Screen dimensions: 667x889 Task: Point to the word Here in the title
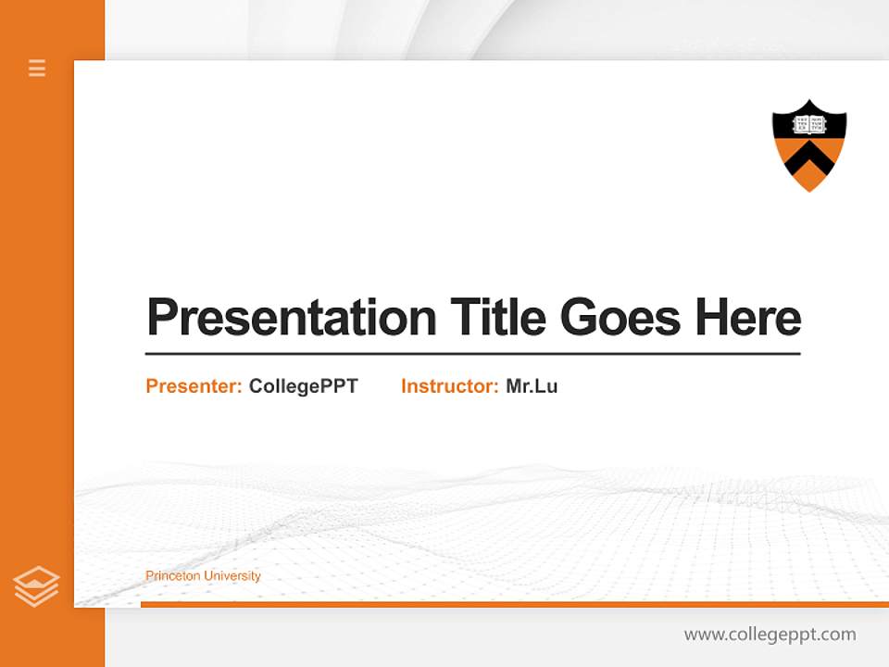(748, 317)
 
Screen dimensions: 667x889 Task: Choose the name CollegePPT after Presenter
(303, 386)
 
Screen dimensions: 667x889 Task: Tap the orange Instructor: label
(449, 386)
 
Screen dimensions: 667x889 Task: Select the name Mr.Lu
(532, 386)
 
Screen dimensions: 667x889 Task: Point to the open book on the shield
(809, 125)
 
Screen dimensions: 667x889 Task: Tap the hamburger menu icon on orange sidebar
(37, 68)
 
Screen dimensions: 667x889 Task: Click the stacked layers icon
(36, 586)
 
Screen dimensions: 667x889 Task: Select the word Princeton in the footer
(172, 576)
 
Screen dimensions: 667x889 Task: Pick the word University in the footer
(232, 576)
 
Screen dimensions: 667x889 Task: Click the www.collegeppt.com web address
(770, 635)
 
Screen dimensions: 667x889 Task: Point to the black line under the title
(472, 354)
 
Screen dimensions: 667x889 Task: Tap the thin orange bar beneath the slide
(514, 605)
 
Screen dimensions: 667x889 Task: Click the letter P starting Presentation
(160, 318)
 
